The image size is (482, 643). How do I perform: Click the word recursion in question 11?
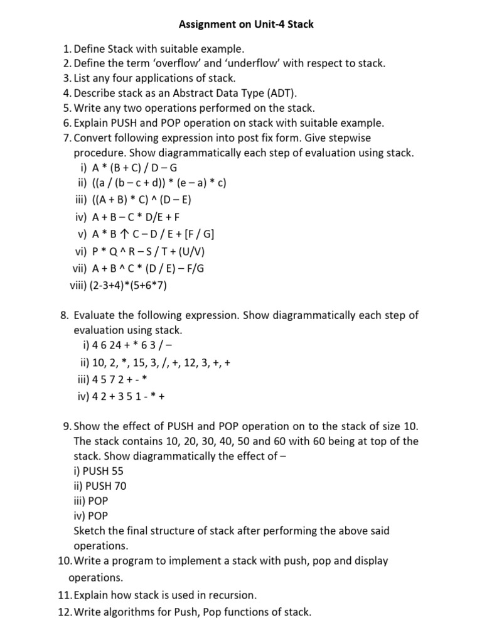point(233,595)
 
